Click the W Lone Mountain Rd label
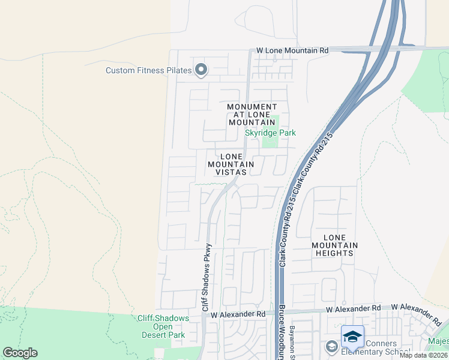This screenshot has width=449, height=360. pyautogui.click(x=292, y=51)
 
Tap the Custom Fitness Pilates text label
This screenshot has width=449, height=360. pyautogui.click(x=149, y=70)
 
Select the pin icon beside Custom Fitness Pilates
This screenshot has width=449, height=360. pyautogui.click(x=201, y=71)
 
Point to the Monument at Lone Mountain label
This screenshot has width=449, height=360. pyautogui.click(x=252, y=115)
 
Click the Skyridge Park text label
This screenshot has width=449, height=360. pyautogui.click(x=270, y=133)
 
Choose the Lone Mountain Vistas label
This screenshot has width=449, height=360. pyautogui.click(x=231, y=164)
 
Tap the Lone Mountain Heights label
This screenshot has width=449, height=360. pyautogui.click(x=335, y=245)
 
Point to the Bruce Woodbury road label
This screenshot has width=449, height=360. pyautogui.click(x=281, y=333)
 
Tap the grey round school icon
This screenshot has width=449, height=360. pyautogui.click(x=331, y=346)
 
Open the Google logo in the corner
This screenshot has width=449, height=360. pyautogui.click(x=20, y=353)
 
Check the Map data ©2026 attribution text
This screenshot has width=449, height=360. pyautogui.click(x=424, y=355)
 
